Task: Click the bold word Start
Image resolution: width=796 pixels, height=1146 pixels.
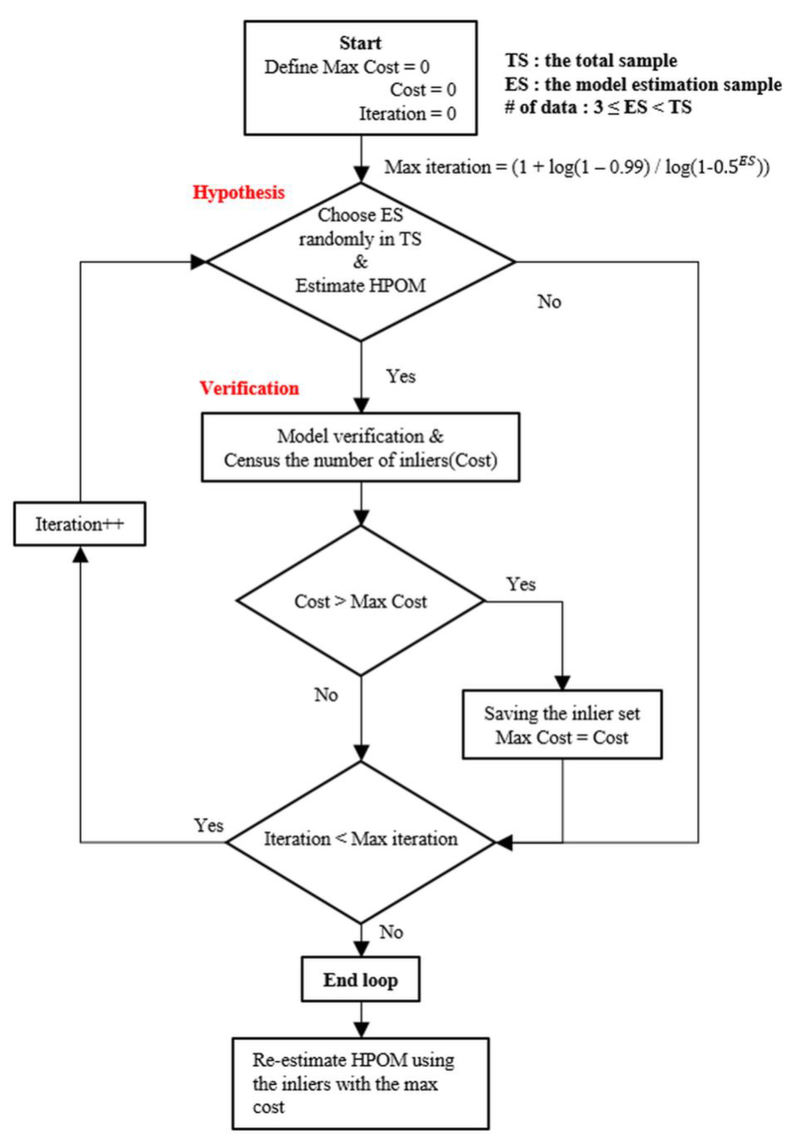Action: (x=360, y=43)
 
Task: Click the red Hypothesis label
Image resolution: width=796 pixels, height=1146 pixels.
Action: (x=239, y=193)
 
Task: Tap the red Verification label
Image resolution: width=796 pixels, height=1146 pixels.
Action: (x=249, y=388)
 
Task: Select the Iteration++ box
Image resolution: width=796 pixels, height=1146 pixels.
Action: (x=80, y=524)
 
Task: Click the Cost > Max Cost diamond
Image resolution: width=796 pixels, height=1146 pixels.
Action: (x=360, y=602)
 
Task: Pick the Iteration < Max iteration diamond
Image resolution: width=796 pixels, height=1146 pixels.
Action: (x=360, y=839)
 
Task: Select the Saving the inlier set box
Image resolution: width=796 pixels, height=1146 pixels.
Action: (x=562, y=725)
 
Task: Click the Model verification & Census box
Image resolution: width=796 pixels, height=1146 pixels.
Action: (x=360, y=448)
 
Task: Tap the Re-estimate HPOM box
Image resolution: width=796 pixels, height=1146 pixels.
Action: (x=360, y=1083)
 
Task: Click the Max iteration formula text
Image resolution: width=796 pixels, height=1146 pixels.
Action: (x=576, y=167)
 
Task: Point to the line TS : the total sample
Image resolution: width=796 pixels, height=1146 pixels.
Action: (x=591, y=61)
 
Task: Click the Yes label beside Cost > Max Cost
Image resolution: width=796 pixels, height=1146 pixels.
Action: (x=521, y=584)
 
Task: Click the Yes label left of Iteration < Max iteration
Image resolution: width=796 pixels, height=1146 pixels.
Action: (x=209, y=825)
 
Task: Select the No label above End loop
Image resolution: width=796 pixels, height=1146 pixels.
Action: (x=391, y=932)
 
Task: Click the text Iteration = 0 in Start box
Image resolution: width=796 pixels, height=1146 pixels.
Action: (x=407, y=114)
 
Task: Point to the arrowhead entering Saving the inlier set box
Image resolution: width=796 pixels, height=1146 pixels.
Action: (x=563, y=683)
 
